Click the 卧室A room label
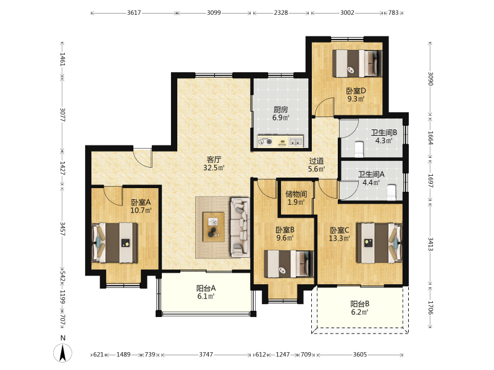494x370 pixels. [141, 202]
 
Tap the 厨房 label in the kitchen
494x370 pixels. [280, 110]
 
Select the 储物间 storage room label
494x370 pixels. [296, 194]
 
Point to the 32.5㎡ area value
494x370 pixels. [214, 168]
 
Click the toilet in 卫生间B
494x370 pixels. [359, 149]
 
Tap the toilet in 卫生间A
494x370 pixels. [391, 192]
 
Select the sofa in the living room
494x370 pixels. [240, 226]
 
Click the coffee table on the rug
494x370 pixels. [214, 227]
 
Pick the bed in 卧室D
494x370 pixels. [358, 64]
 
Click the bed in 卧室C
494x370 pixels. [379, 243]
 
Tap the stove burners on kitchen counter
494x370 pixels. [266, 142]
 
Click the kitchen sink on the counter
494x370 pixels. [296, 142]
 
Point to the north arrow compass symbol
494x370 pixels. [63, 353]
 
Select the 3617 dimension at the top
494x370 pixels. [134, 13]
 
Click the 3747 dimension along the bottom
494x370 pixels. [206, 355]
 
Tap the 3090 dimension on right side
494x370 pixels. [430, 79]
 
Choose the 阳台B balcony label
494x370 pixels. [360, 304]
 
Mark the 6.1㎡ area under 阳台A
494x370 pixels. [206, 297]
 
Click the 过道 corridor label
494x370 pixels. [316, 161]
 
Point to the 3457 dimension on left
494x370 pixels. [63, 229]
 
